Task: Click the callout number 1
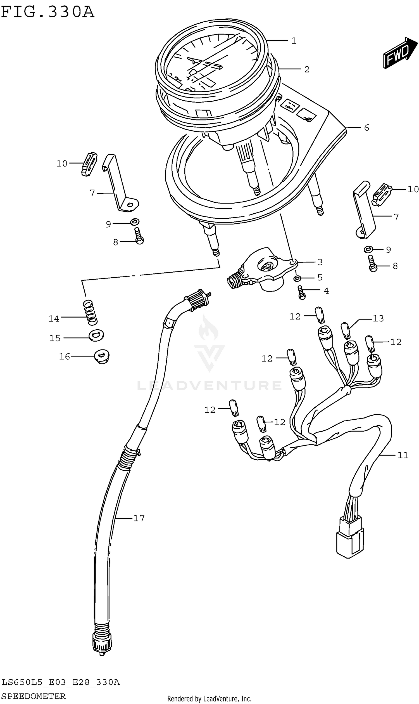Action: tap(294, 41)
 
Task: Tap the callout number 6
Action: tap(366, 128)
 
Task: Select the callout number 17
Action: tap(139, 518)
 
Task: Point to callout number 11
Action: tap(403, 455)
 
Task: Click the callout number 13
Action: tap(378, 318)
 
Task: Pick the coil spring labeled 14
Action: tap(90, 312)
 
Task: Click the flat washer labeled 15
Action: tap(96, 335)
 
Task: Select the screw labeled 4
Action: tap(302, 292)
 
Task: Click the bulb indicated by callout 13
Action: tap(346, 330)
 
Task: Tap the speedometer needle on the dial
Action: tap(215, 51)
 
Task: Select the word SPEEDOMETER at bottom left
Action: tap(34, 696)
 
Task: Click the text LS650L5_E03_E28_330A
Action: tap(60, 682)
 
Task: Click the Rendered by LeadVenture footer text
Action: tap(209, 699)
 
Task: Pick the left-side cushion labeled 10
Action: tap(89, 164)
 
